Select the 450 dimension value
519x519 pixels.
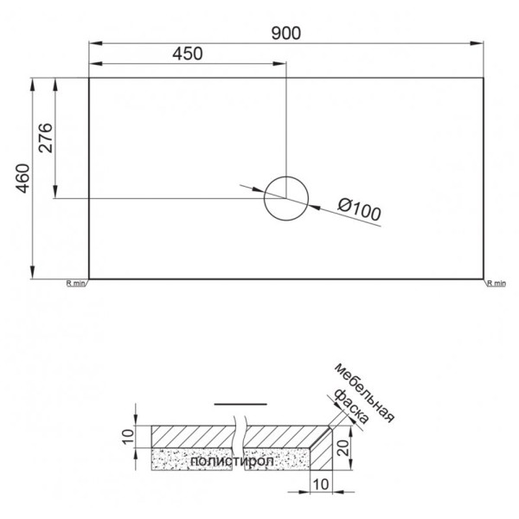(186, 53)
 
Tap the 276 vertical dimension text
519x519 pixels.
(46, 138)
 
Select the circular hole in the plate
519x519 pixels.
(285, 197)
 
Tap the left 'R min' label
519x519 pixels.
(76, 283)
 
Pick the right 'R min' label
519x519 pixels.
(497, 283)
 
